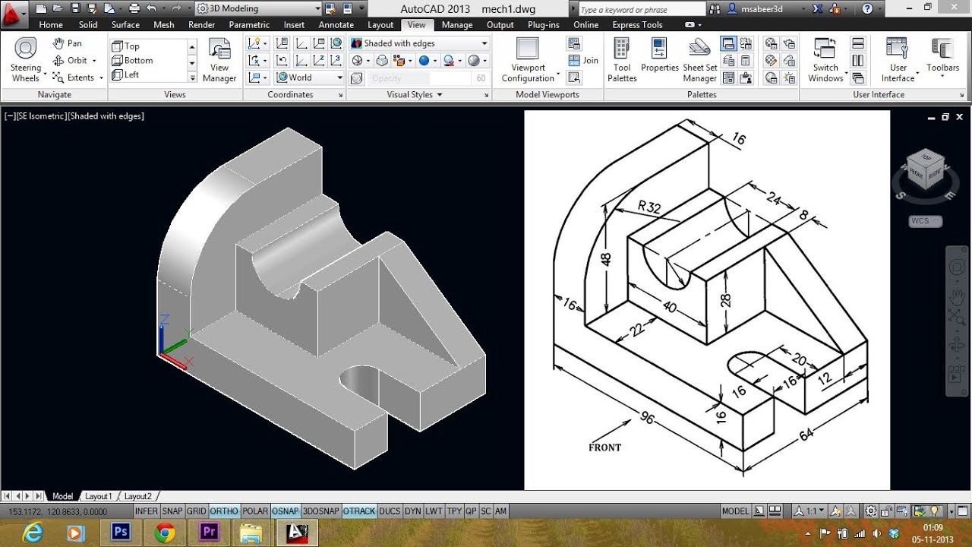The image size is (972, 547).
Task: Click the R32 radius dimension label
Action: (x=650, y=206)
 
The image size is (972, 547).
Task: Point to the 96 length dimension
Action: (x=646, y=418)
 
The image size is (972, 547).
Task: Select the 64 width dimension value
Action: (x=806, y=434)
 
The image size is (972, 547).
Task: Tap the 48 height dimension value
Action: (x=606, y=258)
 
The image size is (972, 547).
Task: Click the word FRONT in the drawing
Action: (x=604, y=447)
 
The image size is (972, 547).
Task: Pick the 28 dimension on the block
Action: (x=726, y=299)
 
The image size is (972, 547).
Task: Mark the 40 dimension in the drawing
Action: (x=669, y=306)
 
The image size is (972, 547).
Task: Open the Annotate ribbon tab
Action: (x=336, y=25)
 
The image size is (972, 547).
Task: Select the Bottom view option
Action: (x=138, y=60)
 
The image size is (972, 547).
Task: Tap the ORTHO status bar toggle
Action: (x=224, y=511)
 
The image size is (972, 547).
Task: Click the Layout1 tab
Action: (x=98, y=496)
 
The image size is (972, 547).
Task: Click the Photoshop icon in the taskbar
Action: (x=121, y=532)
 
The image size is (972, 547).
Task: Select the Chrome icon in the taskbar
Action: (x=165, y=532)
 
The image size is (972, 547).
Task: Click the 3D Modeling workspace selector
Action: (x=259, y=8)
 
